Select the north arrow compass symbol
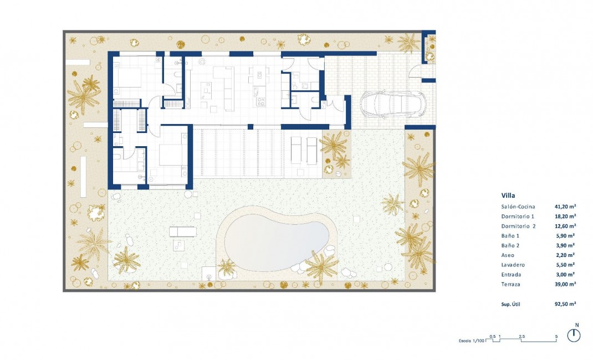click(575, 335)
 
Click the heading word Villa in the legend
click(509, 194)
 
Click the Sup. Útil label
click(510, 304)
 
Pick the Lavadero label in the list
click(513, 265)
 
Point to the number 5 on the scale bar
click(556, 336)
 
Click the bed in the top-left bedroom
click(128, 76)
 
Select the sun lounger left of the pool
click(183, 232)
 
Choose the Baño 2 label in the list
click(511, 245)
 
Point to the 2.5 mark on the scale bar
click(522, 336)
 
